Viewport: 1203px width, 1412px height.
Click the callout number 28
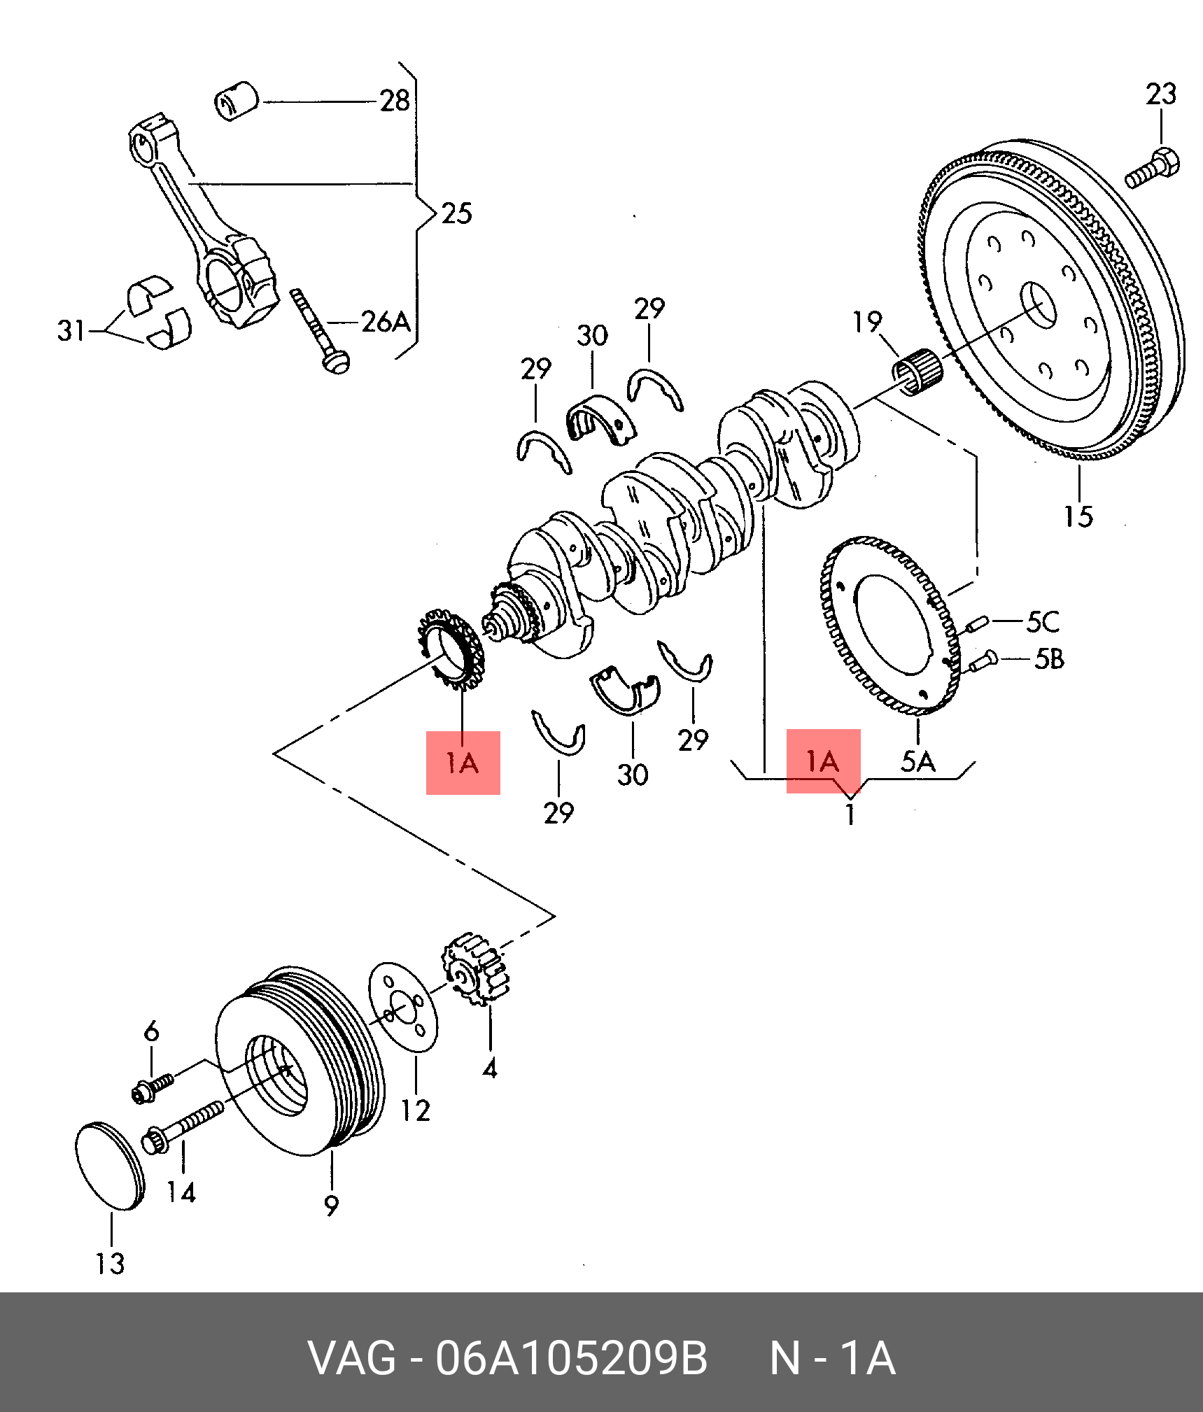tap(395, 101)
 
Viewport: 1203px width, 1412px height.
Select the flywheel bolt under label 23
tap(1152, 168)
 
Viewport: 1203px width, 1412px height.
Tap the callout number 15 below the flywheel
tap(1078, 516)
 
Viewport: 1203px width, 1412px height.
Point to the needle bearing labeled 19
tap(918, 372)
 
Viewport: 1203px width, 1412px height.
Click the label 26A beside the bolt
tap(386, 322)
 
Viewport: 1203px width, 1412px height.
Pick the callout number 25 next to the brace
tap(457, 213)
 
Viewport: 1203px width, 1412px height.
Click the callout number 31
tap(71, 330)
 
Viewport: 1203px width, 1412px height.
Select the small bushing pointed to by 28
tap(236, 101)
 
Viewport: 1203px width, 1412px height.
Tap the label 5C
tap(1043, 621)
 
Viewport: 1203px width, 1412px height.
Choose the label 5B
tap(1049, 658)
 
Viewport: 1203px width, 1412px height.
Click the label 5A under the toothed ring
tap(918, 761)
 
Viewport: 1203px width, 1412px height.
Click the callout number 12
tap(415, 1110)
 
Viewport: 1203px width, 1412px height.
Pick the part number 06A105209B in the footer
tap(571, 1358)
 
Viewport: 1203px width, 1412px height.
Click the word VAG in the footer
tap(352, 1358)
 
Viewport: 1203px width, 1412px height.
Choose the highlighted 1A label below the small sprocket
tap(463, 763)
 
